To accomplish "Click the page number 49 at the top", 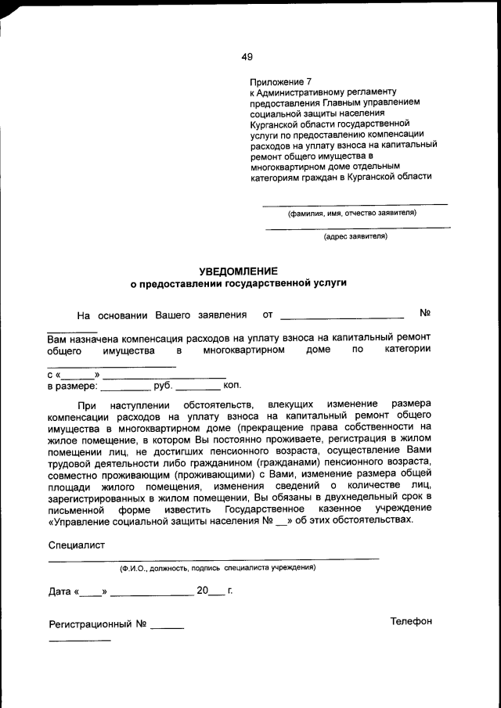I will (247, 56).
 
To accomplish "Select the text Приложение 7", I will (280, 81).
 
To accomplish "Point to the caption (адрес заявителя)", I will (355, 235).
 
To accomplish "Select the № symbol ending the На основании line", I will (426, 314).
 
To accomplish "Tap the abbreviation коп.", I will (232, 386).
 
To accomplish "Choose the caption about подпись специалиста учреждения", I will (218, 567).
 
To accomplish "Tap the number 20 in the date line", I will (204, 591).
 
